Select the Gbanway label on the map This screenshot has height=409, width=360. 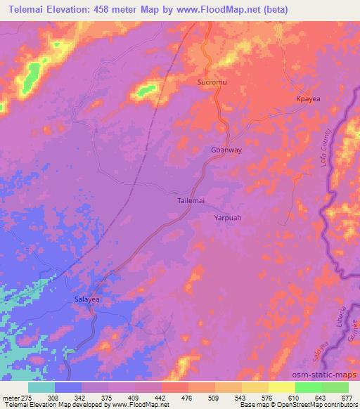coord(226,150)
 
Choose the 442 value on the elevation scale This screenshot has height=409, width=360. coord(161,398)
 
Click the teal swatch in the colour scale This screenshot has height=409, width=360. coord(41,387)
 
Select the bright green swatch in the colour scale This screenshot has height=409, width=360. coord(309,387)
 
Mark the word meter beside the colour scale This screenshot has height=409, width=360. coord(9,398)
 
